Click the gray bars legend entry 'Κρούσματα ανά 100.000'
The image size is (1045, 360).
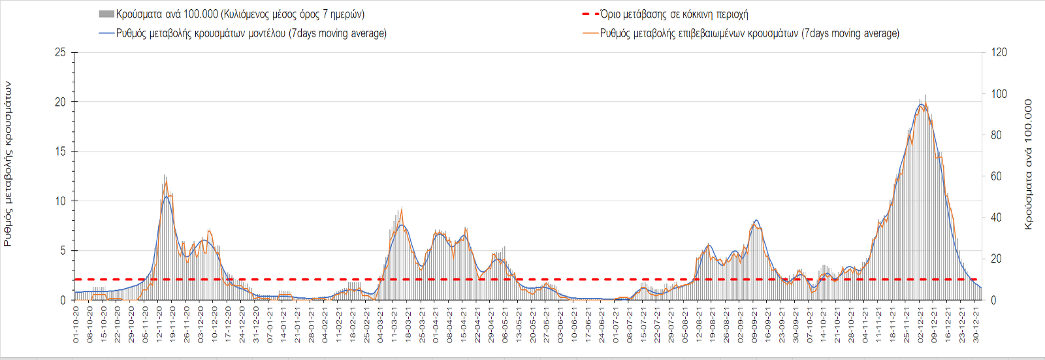click(232, 14)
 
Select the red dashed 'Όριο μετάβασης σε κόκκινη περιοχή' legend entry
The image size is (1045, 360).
click(665, 14)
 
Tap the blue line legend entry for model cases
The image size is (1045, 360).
click(242, 33)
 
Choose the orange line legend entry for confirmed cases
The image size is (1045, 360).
click(741, 33)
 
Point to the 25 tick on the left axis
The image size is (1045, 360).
click(60, 52)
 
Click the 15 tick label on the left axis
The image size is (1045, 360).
click(60, 152)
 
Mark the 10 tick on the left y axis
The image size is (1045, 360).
click(60, 201)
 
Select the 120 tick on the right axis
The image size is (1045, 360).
click(999, 52)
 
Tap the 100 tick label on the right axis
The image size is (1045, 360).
click(999, 94)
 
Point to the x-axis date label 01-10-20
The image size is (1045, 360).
click(76, 325)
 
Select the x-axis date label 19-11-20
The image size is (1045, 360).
click(173, 325)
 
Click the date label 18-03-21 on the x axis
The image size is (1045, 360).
click(408, 325)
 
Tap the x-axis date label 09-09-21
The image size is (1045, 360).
click(754, 325)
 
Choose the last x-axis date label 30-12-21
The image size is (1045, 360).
click(976, 325)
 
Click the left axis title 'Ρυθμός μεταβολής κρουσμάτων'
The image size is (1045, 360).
click(8, 163)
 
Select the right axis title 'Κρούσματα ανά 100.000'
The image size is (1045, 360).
click(1029, 164)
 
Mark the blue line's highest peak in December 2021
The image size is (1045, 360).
click(921, 105)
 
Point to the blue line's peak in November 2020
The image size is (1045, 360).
click(167, 196)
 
